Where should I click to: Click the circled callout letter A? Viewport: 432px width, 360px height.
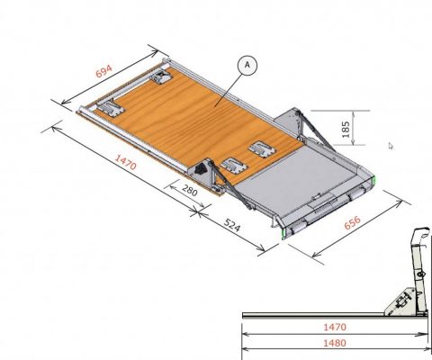(x=247, y=65)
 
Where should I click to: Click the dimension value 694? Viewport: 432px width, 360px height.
(x=103, y=71)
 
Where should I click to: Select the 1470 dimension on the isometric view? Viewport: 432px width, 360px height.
(x=126, y=162)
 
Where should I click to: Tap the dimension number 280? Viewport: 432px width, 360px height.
(x=190, y=191)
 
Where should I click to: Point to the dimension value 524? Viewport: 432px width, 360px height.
(x=232, y=226)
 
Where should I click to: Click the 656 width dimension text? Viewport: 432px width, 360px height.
(x=352, y=222)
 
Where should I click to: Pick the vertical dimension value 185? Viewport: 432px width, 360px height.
(x=346, y=130)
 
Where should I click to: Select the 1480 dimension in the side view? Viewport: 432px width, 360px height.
(x=335, y=343)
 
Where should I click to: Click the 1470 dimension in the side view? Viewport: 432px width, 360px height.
(x=335, y=327)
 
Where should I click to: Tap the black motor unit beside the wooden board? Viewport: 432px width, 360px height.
(x=200, y=168)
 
